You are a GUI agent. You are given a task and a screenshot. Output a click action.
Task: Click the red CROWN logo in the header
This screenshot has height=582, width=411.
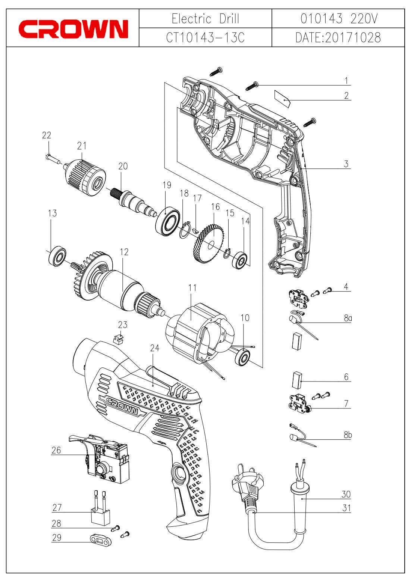click(73, 29)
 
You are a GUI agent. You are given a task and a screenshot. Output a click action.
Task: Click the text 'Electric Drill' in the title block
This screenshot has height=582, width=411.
click(205, 19)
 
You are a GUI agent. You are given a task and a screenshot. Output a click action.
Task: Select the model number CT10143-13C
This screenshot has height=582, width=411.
click(205, 38)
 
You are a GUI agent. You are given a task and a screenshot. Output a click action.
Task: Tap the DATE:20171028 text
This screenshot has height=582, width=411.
click(338, 38)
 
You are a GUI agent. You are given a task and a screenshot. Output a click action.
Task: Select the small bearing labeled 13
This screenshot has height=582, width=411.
click(57, 256)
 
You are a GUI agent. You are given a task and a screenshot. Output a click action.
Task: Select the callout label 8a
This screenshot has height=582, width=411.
click(348, 318)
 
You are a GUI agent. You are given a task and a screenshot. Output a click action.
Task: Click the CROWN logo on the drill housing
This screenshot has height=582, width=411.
click(123, 407)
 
